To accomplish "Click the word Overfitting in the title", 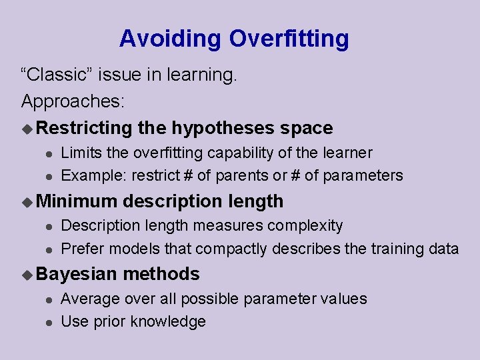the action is tap(289, 39).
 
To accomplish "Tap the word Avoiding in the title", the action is tap(170, 38).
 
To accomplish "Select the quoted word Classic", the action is tap(56, 75).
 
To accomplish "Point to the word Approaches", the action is tap(73, 101).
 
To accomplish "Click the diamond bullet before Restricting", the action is tap(27, 129).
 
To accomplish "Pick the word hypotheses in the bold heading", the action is tap(223, 128).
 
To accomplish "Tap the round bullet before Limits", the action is tap(49, 154).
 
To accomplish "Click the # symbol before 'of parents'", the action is tap(188, 175).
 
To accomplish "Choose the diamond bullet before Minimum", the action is tap(27, 202).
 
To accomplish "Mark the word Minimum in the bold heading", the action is tap(77, 201).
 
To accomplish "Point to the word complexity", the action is tap(305, 226).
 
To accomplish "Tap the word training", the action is tap(397, 249).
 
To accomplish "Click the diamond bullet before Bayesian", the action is tap(27, 275).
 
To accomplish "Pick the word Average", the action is tap(90, 299).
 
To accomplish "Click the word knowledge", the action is tap(168, 322).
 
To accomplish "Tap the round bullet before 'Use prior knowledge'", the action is tap(49, 323).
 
